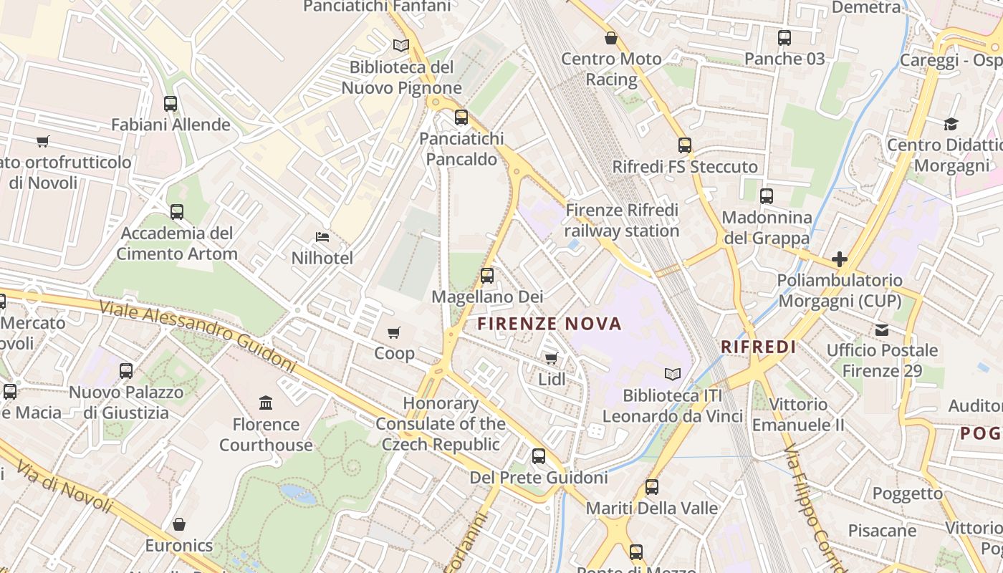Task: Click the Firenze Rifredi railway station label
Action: [621, 221]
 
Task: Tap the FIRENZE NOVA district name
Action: [550, 324]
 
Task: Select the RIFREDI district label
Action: [758, 347]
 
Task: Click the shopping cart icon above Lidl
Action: [551, 358]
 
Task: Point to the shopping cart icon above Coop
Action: [393, 332]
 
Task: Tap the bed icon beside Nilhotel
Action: [322, 237]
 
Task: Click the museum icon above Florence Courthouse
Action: [266, 403]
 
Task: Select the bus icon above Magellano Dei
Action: [487, 275]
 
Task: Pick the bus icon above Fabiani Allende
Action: [171, 104]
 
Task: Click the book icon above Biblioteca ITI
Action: [672, 374]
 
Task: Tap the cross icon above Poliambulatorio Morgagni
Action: [839, 259]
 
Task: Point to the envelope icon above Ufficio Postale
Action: [881, 329]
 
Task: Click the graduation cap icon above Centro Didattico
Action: [951, 124]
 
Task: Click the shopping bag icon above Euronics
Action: [179, 524]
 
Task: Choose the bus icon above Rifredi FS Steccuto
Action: [684, 145]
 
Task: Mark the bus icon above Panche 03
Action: [784, 38]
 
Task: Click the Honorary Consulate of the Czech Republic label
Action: [441, 423]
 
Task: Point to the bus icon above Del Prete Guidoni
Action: [538, 456]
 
